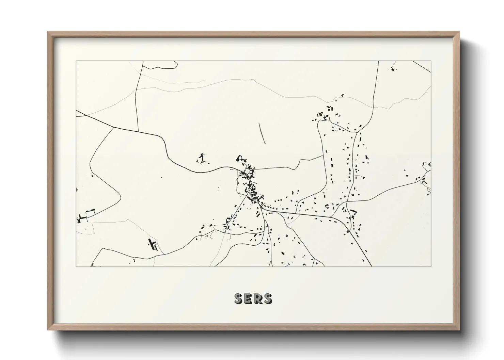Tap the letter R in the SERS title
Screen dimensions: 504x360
coord(258,299)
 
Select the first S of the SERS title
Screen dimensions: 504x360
coord(239,299)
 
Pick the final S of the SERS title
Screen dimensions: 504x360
coord(268,299)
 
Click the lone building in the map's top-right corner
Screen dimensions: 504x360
coord(394,69)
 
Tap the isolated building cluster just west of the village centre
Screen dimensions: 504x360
coord(202,159)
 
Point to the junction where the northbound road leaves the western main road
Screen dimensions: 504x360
coord(138,131)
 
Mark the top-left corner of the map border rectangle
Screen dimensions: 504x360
coord(76,61)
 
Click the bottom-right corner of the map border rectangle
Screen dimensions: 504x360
coord(431,266)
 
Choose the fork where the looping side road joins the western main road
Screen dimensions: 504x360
coord(113,127)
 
